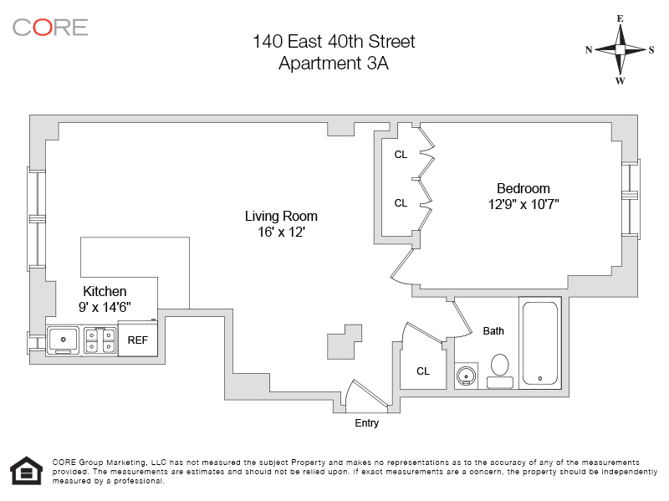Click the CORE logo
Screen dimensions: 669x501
coord(50,27)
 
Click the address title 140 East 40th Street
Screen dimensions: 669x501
coord(334,41)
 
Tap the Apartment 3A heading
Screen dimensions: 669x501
coord(334,63)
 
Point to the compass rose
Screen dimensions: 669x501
coord(620,49)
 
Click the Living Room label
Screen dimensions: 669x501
coord(281,216)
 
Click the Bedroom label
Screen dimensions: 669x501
coord(523,188)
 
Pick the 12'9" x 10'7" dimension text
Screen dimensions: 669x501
coord(523,204)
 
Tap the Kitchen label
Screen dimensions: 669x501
coord(105,291)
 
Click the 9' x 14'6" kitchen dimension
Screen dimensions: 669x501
coord(105,307)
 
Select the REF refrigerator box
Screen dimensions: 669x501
coord(137,340)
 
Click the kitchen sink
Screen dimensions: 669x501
coord(64,340)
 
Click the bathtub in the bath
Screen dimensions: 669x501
coord(541,344)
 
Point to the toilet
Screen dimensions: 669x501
coord(500,369)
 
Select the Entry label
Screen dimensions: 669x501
coord(366,423)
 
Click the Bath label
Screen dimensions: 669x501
coord(493,331)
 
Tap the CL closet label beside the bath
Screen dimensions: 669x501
coord(423,371)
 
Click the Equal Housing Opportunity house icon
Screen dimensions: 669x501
coord(25,471)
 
